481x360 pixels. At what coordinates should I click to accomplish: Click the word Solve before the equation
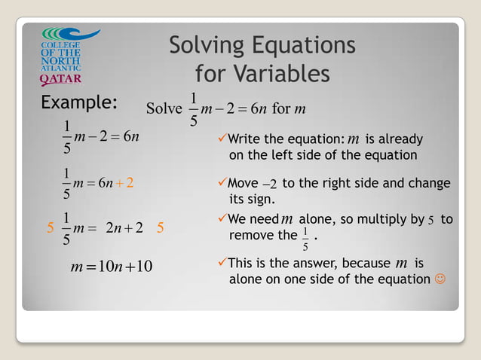click(164, 108)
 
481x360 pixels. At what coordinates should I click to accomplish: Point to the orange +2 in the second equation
click(125, 183)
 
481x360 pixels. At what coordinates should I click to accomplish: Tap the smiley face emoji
click(440, 279)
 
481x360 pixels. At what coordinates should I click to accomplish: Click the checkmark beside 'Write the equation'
click(221, 139)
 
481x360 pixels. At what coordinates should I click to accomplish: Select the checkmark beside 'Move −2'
click(221, 184)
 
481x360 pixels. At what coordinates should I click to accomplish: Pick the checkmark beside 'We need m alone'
click(221, 219)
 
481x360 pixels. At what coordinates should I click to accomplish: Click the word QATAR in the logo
click(61, 78)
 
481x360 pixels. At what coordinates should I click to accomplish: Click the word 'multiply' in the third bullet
click(384, 220)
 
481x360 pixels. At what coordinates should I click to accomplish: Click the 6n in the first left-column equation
click(130, 136)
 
